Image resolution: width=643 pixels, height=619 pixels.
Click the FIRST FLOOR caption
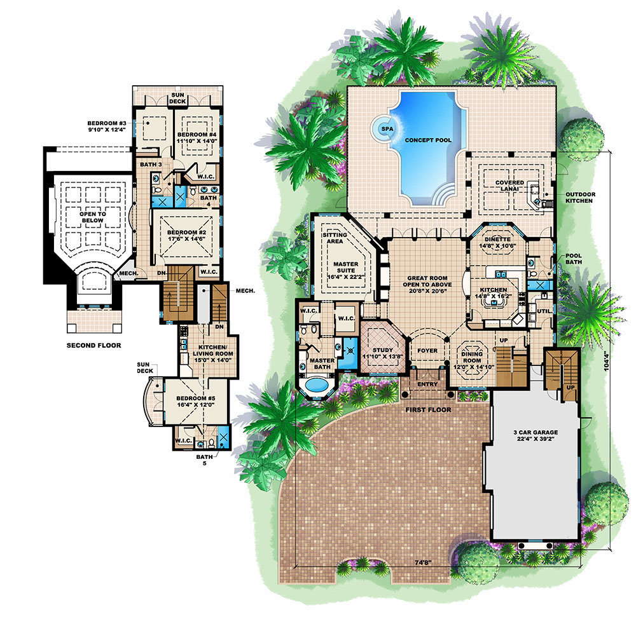click(428, 410)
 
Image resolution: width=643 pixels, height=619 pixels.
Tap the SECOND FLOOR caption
click(93, 346)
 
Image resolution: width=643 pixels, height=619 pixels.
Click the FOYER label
click(427, 350)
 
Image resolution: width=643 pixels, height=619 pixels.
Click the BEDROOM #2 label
click(186, 236)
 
